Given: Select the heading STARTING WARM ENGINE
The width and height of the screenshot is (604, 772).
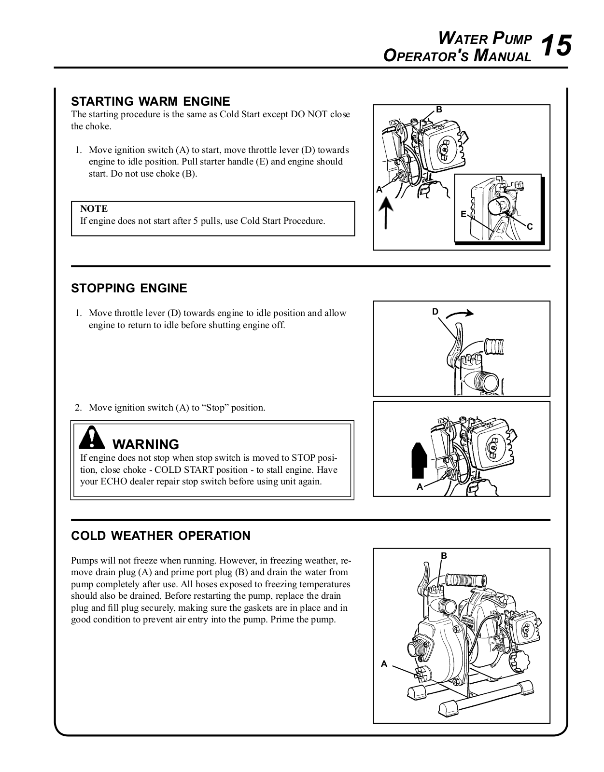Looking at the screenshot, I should click(151, 101).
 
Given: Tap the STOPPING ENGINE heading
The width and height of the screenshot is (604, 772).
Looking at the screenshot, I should click(129, 288).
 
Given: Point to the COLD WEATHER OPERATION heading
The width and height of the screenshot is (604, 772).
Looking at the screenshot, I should click(161, 536).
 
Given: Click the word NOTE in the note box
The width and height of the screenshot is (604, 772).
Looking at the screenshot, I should click(94, 208).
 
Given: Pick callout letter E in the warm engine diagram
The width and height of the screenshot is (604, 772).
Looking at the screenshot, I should click(464, 214).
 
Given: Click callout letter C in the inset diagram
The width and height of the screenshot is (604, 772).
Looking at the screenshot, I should click(530, 227).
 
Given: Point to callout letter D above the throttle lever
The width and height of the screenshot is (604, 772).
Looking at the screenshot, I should click(435, 312).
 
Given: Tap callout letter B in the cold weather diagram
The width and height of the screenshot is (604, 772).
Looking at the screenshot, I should click(444, 556).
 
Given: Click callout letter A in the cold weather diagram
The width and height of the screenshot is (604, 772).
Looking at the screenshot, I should click(384, 664).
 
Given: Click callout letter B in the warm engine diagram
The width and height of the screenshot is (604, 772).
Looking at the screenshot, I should click(439, 110).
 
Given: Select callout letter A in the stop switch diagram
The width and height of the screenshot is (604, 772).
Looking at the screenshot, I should click(420, 487).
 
